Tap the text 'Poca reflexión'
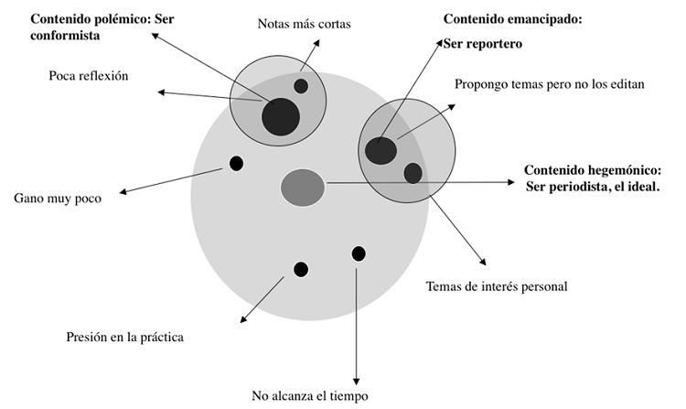pos(88,75)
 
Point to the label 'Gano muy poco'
pos(57,197)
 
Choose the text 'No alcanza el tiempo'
pos(310,395)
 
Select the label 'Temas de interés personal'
pos(497,286)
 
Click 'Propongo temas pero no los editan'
pos(550,84)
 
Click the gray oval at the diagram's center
pos(302,187)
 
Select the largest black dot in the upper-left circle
pos(280,116)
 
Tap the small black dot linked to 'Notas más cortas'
pos(301,86)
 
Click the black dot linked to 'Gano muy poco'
pos(236,164)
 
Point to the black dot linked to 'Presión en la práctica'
pos(300,269)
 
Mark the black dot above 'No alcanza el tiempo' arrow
pos(358,253)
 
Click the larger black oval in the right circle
pos(381,149)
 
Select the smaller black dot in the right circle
pos(413,172)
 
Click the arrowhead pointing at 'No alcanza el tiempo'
pos(355,382)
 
